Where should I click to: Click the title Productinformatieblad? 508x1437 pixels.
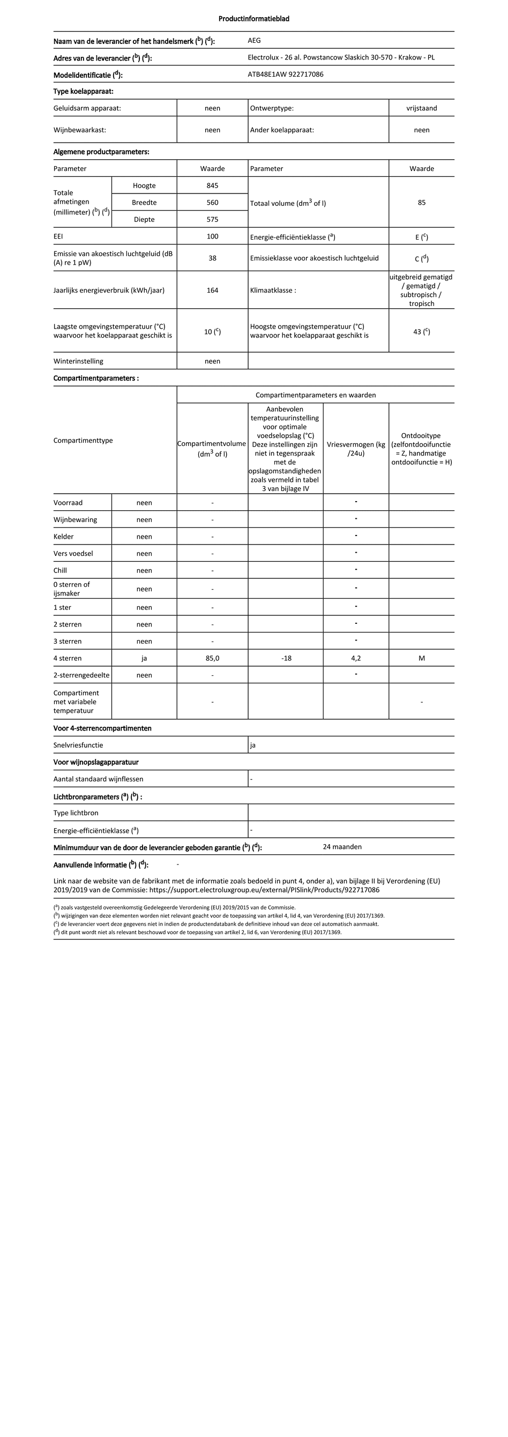(253, 19)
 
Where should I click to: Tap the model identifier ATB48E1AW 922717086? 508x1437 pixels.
(286, 74)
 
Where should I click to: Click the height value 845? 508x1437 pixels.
(212, 186)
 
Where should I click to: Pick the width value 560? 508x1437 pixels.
(212, 203)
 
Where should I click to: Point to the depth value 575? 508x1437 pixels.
(212, 220)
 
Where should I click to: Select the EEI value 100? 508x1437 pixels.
(212, 236)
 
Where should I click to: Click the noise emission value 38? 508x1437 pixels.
(212, 258)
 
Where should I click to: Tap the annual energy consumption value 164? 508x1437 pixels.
(212, 291)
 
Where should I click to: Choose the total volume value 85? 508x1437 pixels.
(422, 203)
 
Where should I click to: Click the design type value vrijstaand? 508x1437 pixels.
(422, 108)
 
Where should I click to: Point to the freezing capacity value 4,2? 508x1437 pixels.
(356, 658)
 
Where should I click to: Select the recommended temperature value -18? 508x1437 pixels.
(286, 658)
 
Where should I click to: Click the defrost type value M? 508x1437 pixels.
(422, 658)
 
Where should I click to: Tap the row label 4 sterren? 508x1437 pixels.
(68, 658)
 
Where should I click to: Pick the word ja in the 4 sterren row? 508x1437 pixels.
(145, 658)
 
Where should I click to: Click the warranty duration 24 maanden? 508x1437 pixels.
(342, 847)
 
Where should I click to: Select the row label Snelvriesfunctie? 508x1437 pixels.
(78, 745)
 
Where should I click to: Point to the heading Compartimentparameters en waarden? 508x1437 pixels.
(316, 395)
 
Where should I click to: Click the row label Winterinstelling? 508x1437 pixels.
(78, 361)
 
